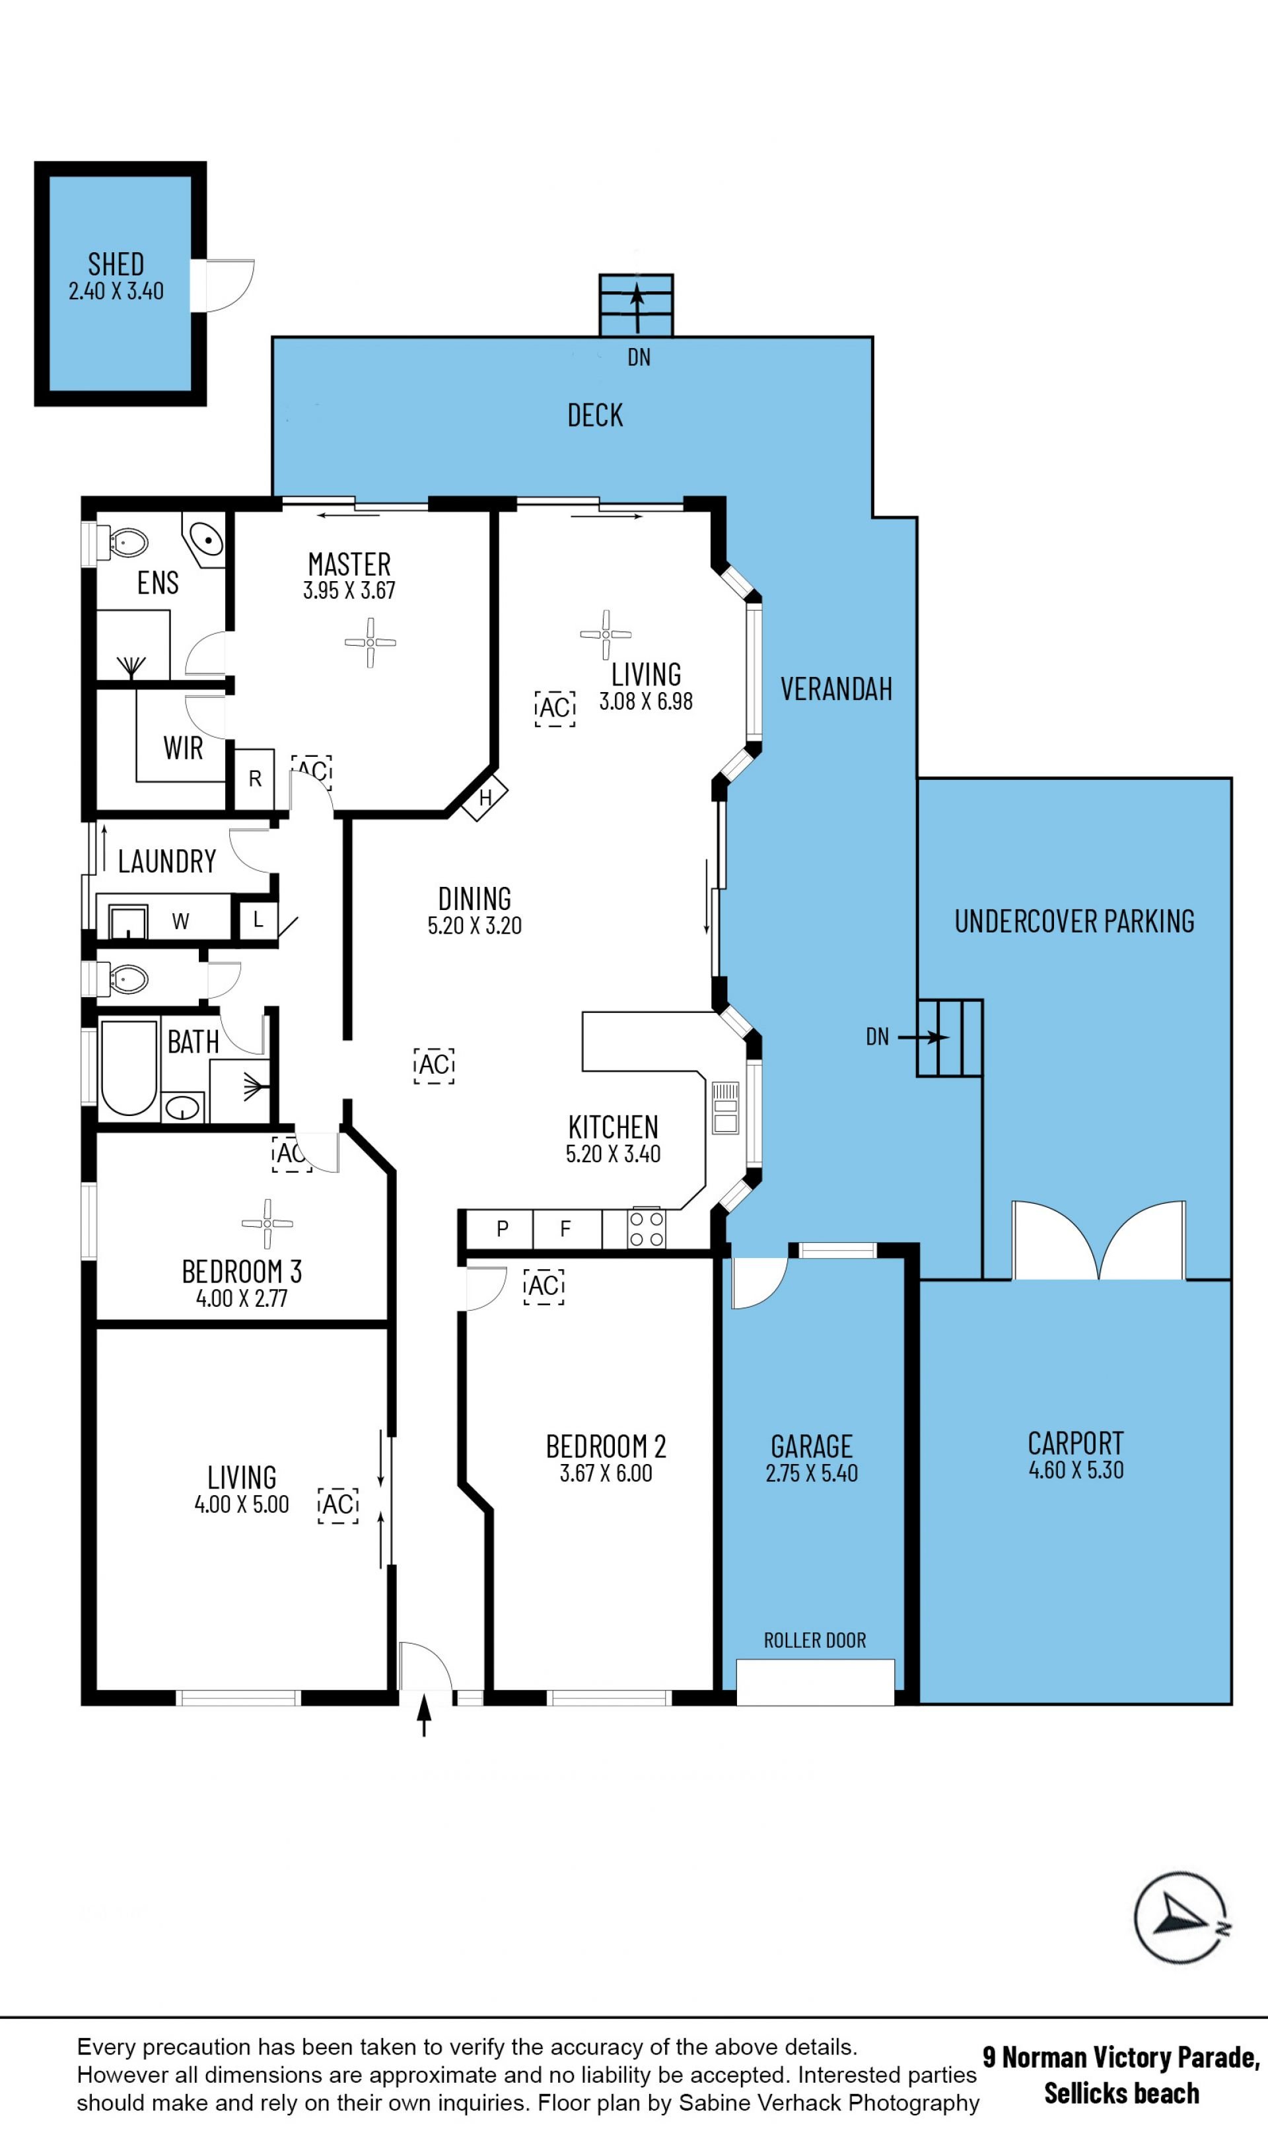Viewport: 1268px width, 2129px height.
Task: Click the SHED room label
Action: [x=116, y=264]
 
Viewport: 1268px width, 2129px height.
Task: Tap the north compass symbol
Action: [x=1181, y=1918]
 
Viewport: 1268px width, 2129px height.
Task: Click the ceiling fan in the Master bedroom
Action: [x=370, y=643]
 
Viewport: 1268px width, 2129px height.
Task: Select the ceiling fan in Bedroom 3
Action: [x=267, y=1224]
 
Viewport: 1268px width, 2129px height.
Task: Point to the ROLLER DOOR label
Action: [x=814, y=1640]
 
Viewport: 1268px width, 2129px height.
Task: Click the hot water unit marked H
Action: [x=485, y=797]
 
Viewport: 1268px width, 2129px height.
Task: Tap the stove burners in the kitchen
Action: [x=646, y=1228]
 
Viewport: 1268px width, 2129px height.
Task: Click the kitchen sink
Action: [x=725, y=1107]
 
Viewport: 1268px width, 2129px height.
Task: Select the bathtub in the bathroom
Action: [x=129, y=1066]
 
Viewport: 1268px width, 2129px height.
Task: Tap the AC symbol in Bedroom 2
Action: [x=544, y=1286]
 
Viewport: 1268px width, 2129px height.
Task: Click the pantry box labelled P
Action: [x=501, y=1228]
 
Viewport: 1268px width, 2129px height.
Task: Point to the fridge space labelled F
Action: [x=565, y=1228]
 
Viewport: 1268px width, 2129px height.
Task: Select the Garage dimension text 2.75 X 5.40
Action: [x=812, y=1472]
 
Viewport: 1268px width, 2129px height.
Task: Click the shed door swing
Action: [x=230, y=286]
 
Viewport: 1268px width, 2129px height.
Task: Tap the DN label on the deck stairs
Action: [x=639, y=357]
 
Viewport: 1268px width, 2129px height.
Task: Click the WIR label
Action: [x=183, y=748]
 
